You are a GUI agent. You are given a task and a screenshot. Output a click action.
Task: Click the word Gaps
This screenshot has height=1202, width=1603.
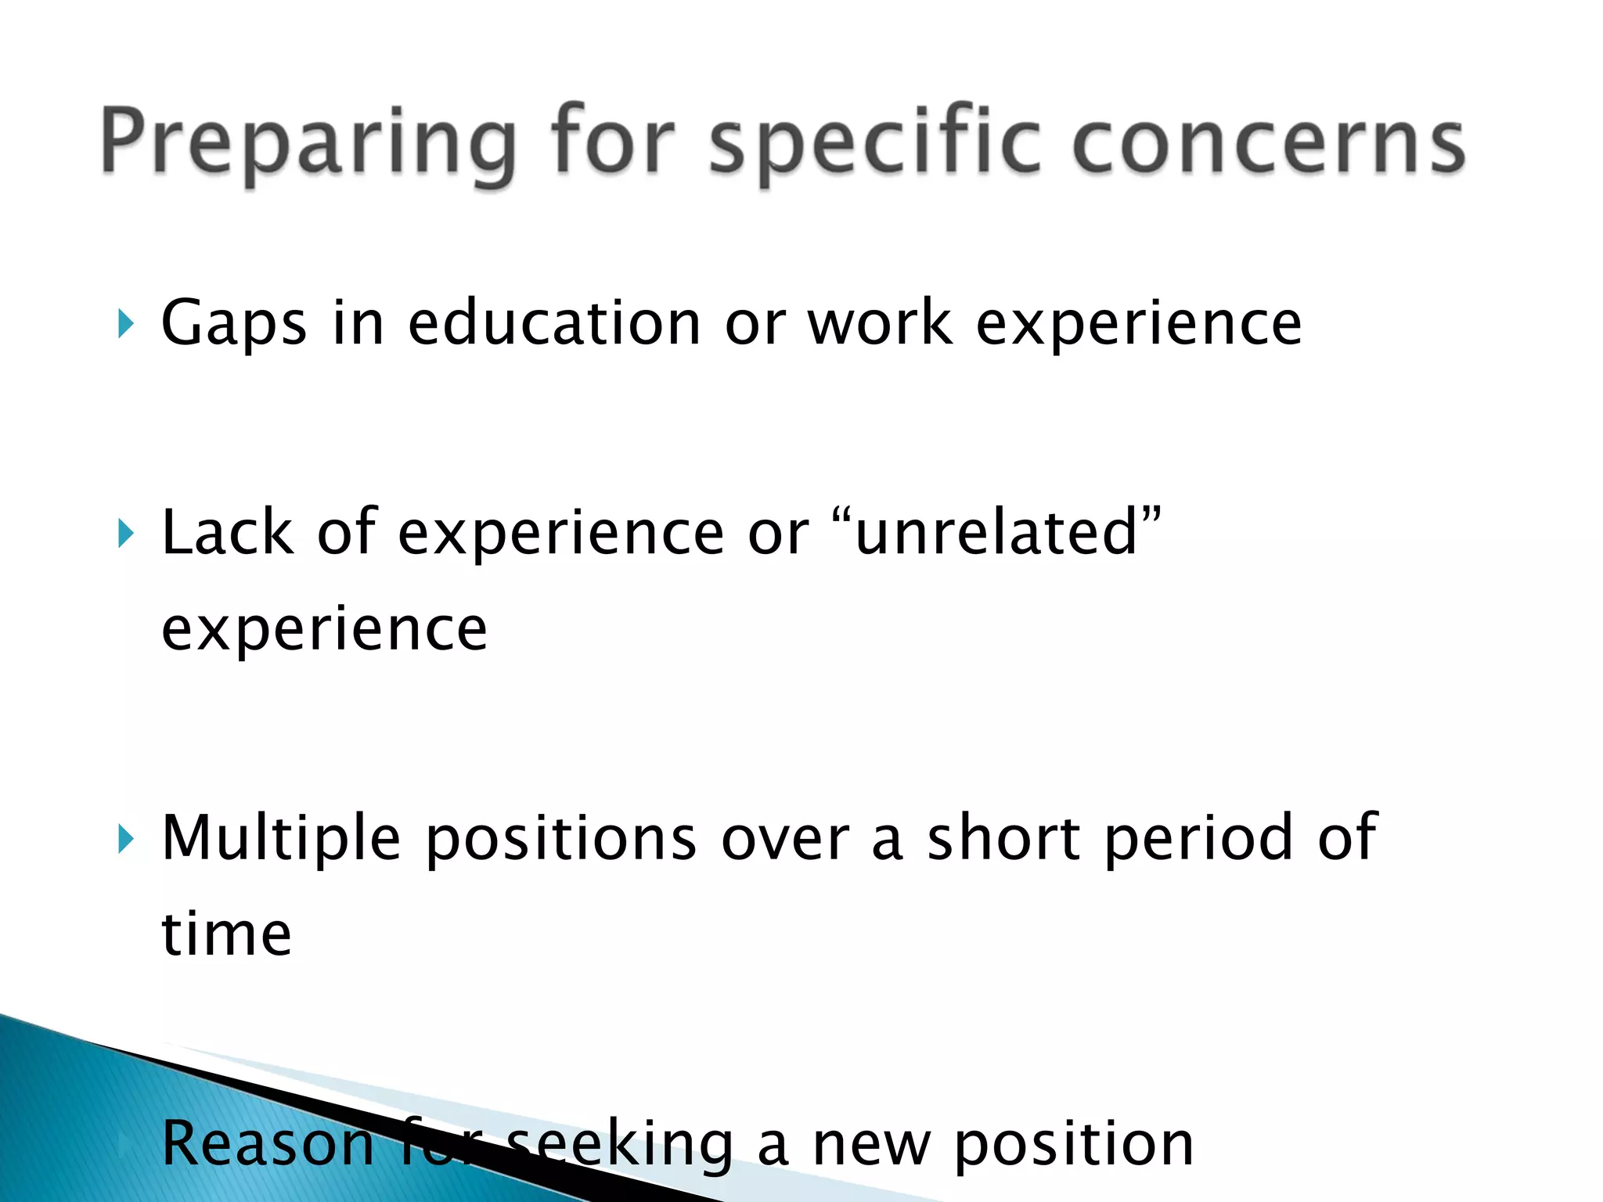233,323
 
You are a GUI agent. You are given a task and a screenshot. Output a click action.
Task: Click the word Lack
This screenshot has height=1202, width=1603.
227,533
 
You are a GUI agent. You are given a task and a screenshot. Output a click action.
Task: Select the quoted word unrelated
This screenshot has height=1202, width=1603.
996,533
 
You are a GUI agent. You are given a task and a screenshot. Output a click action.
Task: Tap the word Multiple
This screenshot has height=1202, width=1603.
281,839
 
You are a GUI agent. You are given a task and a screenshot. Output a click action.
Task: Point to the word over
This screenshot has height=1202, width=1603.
785,839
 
